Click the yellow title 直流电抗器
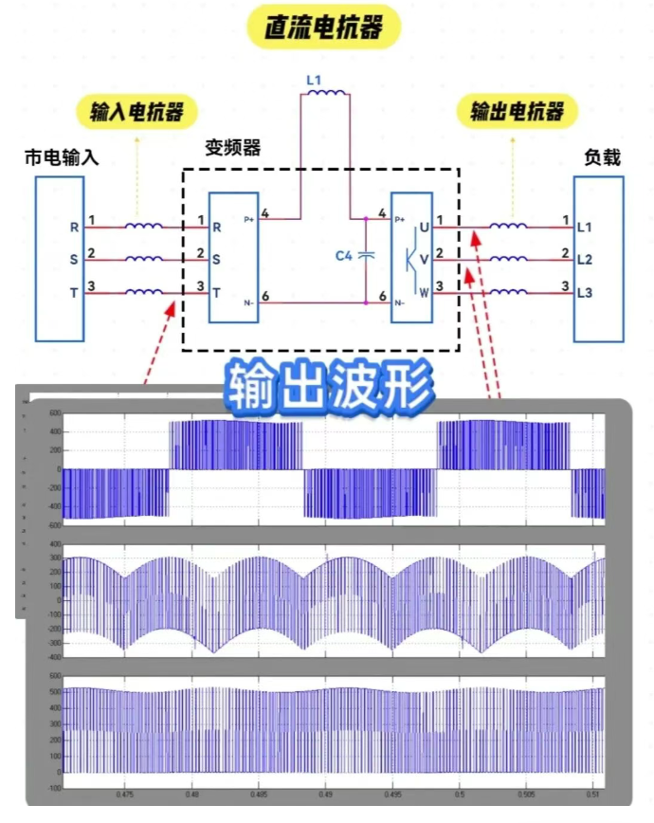(323, 27)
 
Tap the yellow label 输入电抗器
(136, 112)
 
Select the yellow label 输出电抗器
(516, 112)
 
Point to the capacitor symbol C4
(368, 256)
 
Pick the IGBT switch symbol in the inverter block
(411, 259)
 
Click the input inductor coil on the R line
(144, 227)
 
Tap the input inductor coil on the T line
(144, 292)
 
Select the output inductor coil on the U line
(508, 227)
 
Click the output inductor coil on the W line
(508, 292)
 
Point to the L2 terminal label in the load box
(584, 260)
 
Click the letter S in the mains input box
(74, 260)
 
